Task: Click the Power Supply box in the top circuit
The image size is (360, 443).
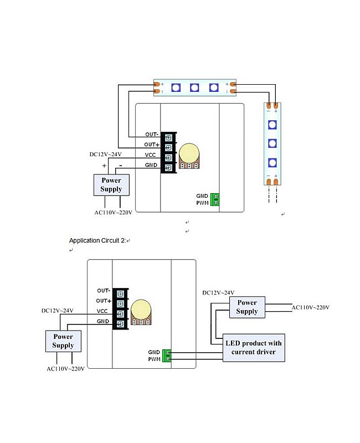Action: (111, 185)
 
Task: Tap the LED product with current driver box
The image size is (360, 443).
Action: (254, 348)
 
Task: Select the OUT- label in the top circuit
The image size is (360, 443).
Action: (152, 135)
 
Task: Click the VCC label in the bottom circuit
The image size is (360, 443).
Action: (102, 311)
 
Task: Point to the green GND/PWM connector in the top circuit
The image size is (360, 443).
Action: (215, 199)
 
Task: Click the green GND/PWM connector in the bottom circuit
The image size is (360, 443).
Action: (167, 356)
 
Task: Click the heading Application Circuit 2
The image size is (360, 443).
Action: (97, 240)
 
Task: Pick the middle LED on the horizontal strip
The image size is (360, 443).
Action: (194, 87)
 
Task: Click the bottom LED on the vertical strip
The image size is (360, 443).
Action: (272, 163)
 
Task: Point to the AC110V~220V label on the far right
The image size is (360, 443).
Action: (311, 307)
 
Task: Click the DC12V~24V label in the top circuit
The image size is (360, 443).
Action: (105, 154)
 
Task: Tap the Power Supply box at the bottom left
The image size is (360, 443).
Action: (63, 341)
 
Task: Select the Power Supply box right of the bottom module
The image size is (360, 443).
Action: (247, 307)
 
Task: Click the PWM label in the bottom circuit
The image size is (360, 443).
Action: (154, 359)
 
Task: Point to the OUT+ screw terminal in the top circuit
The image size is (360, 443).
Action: (168, 147)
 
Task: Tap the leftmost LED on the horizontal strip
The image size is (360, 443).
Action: (175, 87)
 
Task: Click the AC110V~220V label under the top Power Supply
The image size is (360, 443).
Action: (112, 212)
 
